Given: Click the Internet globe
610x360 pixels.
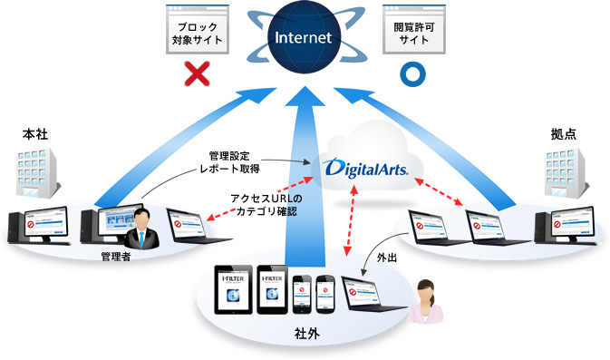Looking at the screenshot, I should [x=305, y=39].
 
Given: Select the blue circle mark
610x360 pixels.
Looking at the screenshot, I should [x=413, y=73].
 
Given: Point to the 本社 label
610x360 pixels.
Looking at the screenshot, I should [x=34, y=134].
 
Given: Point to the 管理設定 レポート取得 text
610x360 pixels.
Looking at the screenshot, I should [x=230, y=161].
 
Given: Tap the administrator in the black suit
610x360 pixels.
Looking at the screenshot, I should [x=141, y=228].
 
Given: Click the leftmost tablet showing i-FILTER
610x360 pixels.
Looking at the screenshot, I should [x=232, y=289].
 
